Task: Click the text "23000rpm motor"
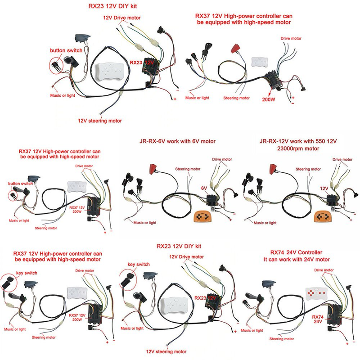(x=300, y=148)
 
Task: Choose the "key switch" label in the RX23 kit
(x=139, y=264)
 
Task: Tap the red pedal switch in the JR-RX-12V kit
(x=270, y=170)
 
